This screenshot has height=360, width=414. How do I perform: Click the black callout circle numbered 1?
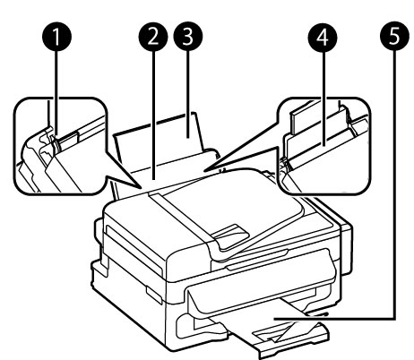(56, 38)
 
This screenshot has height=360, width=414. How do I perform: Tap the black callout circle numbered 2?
(153, 38)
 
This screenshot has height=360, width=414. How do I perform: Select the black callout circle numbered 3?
(188, 38)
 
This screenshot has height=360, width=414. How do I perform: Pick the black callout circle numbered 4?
(323, 38)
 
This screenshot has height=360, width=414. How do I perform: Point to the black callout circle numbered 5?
(394, 38)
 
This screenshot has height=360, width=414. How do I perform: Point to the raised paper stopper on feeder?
(231, 236)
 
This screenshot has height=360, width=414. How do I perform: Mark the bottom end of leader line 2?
(153, 179)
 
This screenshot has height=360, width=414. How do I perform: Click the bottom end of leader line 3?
(188, 137)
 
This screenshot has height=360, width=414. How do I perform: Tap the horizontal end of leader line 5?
(276, 319)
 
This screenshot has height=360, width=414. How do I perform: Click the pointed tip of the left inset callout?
(142, 189)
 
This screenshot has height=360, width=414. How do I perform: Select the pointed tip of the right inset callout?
(203, 171)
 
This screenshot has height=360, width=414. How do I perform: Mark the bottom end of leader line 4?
(323, 145)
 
